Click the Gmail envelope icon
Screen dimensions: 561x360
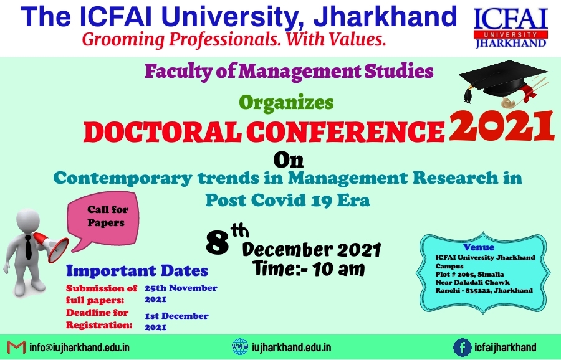(16, 348)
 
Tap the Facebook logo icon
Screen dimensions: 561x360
(463, 348)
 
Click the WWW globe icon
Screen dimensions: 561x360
(240, 347)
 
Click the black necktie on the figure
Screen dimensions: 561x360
(28, 247)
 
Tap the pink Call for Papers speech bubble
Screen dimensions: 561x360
(103, 220)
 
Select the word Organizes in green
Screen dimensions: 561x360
(286, 103)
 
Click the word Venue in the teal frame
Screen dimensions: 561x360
(479, 247)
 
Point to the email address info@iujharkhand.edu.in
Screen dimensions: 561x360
(79, 348)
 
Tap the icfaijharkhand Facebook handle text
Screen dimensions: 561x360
(505, 347)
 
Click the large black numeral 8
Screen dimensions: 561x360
(218, 243)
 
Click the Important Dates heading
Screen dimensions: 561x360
(137, 271)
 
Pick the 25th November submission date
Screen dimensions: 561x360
(181, 293)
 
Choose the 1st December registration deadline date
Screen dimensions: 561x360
(176, 321)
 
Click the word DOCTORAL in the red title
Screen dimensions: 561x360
(161, 132)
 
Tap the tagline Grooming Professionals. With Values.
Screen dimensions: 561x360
(234, 39)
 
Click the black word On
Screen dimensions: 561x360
(289, 160)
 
